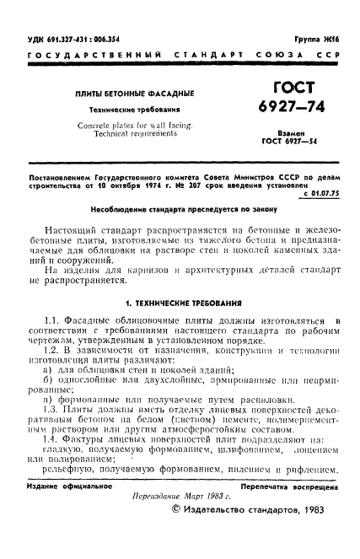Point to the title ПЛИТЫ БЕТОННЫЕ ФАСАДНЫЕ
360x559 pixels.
tap(135, 92)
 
